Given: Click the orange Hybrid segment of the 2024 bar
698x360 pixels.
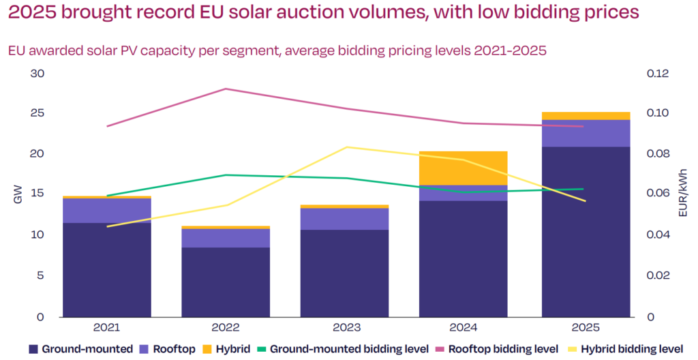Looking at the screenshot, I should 464,168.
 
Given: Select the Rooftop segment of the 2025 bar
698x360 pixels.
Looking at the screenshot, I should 586,133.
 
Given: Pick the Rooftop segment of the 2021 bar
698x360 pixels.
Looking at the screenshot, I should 106,211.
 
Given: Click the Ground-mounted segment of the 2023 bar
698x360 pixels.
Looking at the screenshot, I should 345,273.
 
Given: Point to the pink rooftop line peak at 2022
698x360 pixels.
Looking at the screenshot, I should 226,89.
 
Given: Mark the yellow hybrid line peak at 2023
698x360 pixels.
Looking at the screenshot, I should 346,147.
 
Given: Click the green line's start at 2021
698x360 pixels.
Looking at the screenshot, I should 107,196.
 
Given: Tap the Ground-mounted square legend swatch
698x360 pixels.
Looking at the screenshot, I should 33,349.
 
